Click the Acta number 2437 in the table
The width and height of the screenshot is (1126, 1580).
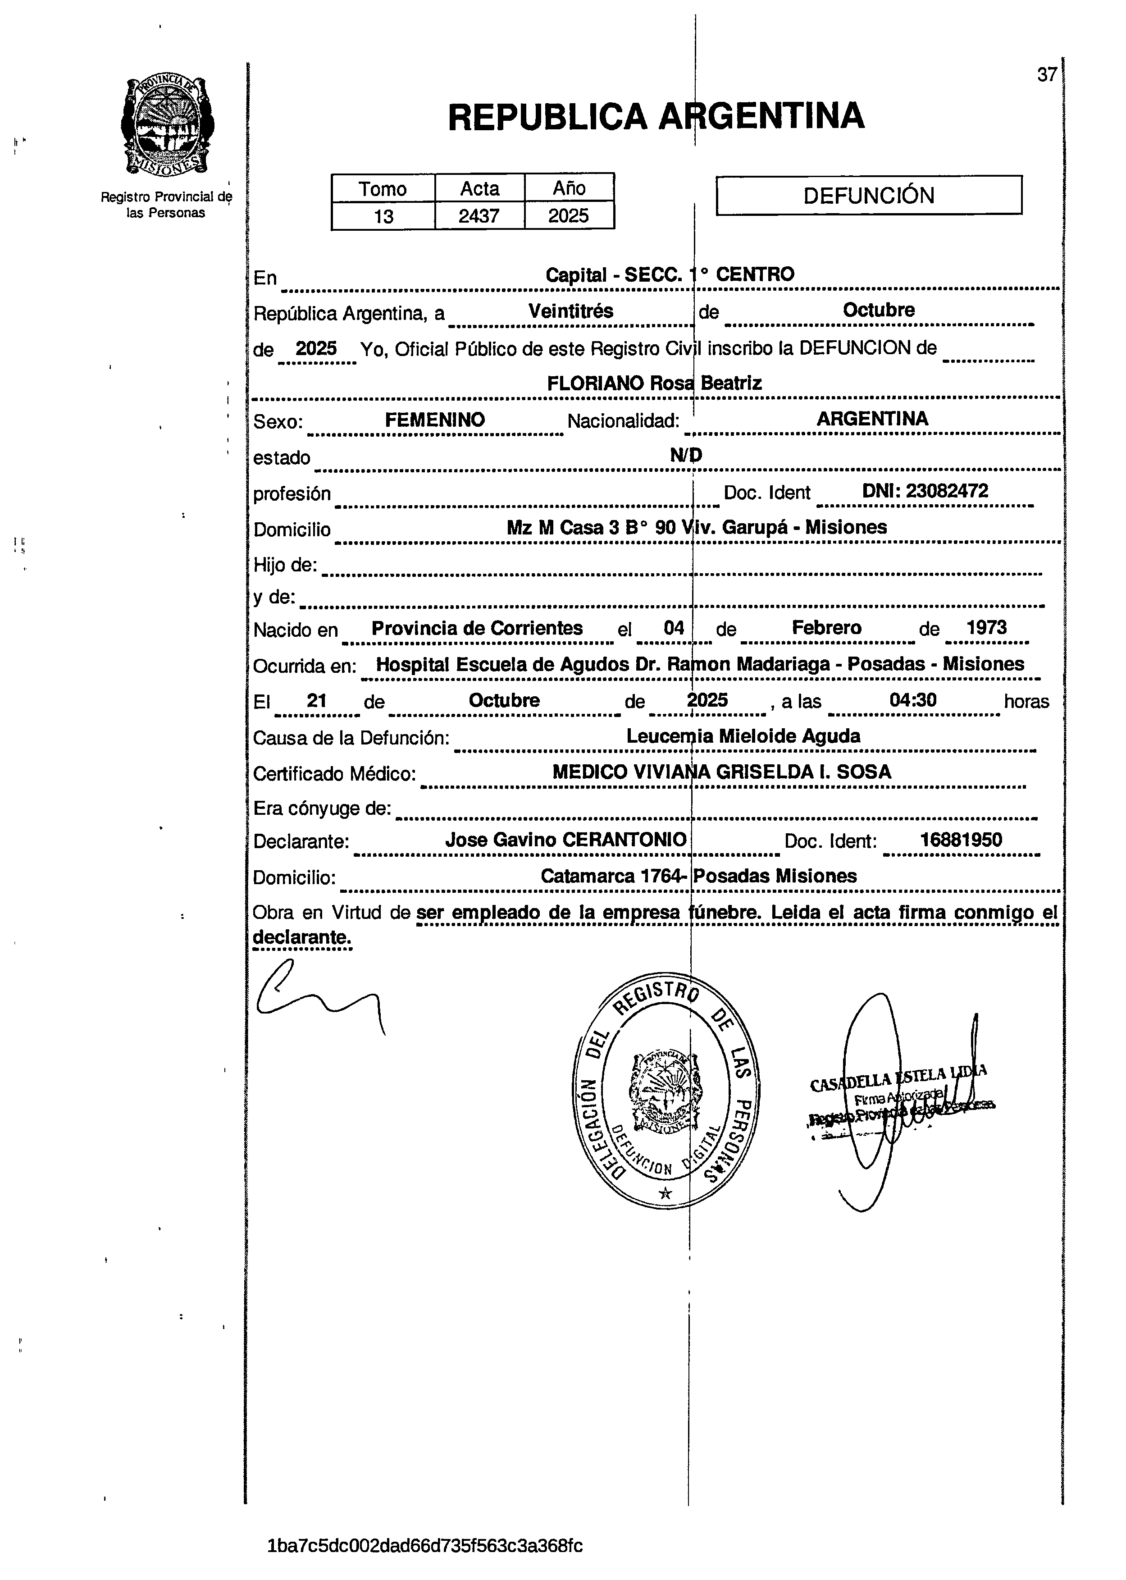tap(479, 216)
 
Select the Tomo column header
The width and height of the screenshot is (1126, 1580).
tap(383, 188)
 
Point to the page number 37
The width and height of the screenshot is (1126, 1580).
tap(1047, 74)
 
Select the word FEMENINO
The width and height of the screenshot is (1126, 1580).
tap(435, 420)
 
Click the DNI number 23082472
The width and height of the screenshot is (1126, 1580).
tap(925, 492)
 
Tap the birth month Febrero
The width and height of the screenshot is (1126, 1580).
tap(826, 628)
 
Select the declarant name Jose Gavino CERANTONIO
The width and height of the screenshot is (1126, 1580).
tap(566, 840)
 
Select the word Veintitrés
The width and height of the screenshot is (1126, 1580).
tap(570, 311)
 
